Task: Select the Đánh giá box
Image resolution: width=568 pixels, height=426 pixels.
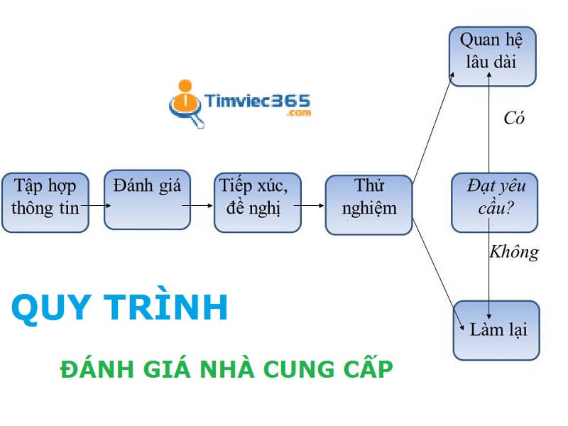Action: [147, 200]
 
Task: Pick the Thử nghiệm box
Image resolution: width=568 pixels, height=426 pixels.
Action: [368, 204]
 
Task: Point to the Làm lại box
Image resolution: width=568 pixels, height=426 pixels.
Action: [496, 330]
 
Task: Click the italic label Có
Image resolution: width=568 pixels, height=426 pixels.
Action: [513, 119]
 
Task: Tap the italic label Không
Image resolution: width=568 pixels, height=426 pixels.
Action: [514, 251]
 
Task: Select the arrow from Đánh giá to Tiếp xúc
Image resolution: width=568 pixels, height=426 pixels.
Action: [197, 206]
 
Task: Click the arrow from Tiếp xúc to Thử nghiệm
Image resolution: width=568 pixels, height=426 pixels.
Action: [308, 206]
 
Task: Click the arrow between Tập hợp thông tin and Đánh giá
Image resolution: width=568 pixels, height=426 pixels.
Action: [96, 206]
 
